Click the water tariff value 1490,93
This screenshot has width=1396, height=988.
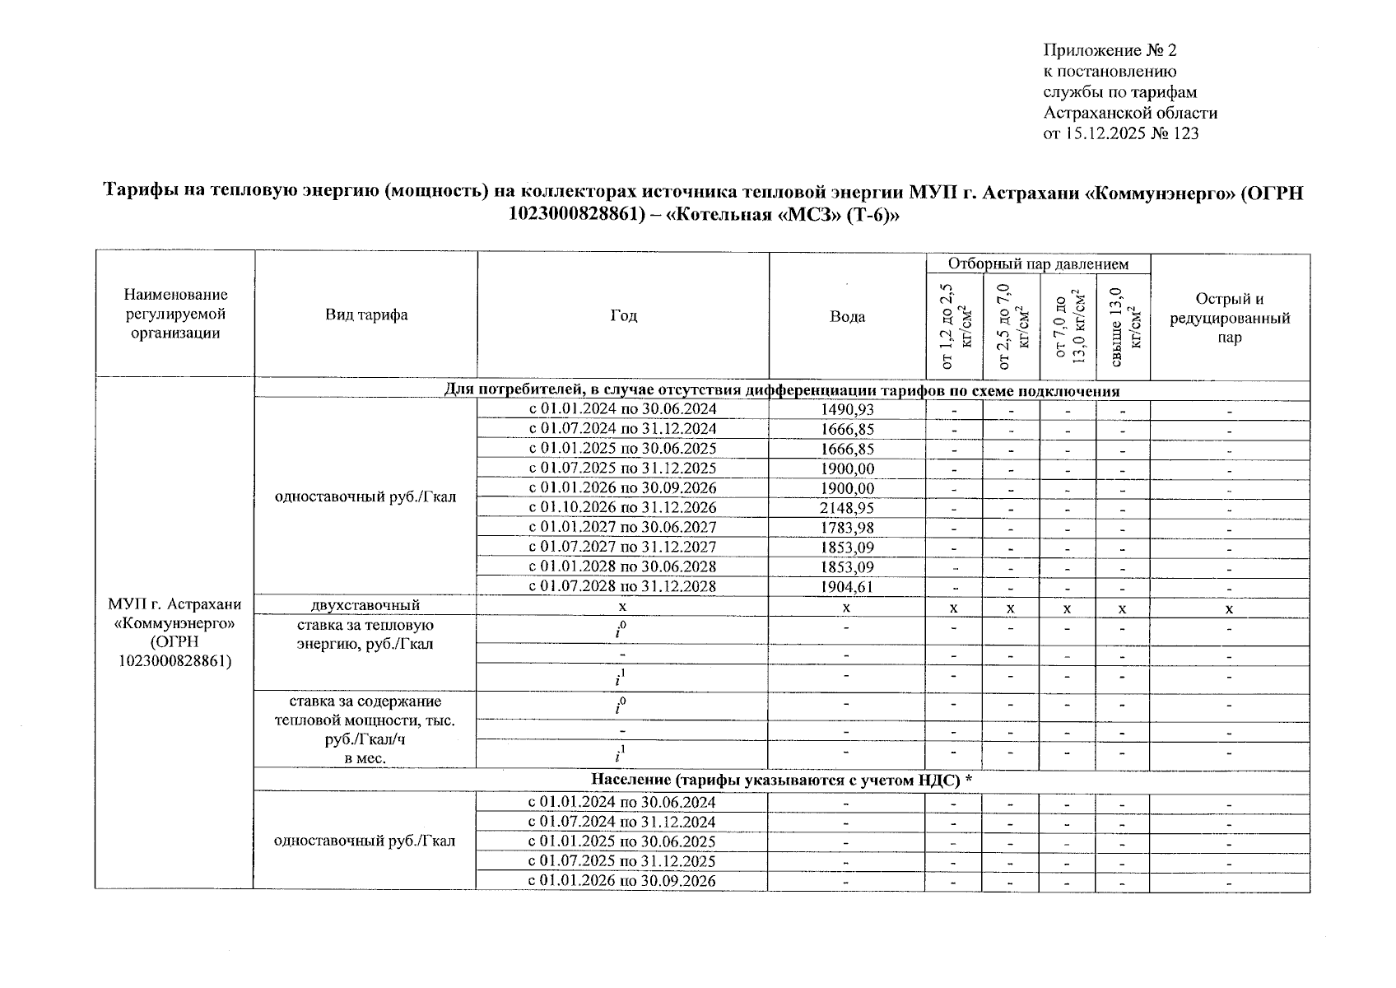click(x=847, y=409)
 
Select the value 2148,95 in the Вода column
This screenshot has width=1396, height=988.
click(x=847, y=508)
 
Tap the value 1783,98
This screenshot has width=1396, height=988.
click(x=847, y=528)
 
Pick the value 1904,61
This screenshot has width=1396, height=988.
click(x=847, y=587)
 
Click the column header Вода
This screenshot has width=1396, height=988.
click(x=847, y=316)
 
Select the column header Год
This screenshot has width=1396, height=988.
click(x=623, y=315)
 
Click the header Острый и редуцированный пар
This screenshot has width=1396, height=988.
click(x=1230, y=318)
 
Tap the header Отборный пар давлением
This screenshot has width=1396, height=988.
click(x=1037, y=263)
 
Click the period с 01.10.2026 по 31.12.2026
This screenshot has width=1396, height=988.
click(x=622, y=508)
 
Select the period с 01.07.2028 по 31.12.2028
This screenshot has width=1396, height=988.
click(x=622, y=587)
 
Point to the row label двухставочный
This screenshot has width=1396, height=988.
click(x=365, y=606)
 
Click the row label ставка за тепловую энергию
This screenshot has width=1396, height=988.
click(x=365, y=635)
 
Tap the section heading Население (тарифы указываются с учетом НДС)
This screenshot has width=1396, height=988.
click(x=781, y=781)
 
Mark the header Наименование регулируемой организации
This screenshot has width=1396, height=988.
click(x=175, y=314)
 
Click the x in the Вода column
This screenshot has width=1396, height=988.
click(x=846, y=608)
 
